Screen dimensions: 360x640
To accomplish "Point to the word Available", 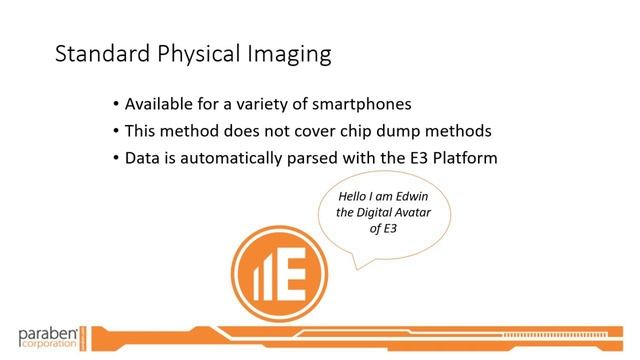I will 161,105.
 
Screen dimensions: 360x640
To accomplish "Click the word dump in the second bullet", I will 409,131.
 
